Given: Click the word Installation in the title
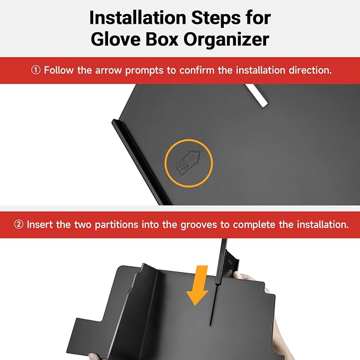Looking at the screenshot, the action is point(137,17).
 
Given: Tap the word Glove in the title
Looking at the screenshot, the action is point(116,39).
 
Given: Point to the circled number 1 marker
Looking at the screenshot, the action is point(36,70).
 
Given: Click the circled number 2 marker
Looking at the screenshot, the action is point(19,224).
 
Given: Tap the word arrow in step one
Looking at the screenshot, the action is point(108,71).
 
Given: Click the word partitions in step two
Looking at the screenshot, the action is point(117,225).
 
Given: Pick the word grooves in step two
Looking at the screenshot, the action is point(199,225).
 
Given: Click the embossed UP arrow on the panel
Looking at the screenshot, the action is point(188,163).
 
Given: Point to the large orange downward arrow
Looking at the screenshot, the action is point(198,286).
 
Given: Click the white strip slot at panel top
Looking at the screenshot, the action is point(256,95).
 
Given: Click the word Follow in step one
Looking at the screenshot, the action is point(59,70).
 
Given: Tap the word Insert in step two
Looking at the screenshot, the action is point(40,225).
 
